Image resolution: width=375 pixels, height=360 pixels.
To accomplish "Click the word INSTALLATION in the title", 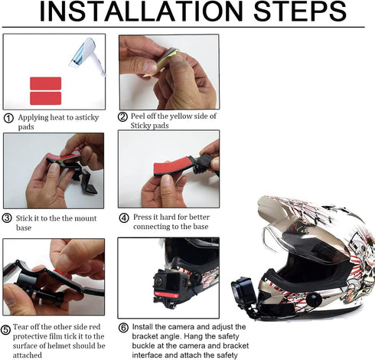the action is pyautogui.click(x=142, y=11).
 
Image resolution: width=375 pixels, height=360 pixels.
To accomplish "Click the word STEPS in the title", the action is pyautogui.click(x=300, y=11).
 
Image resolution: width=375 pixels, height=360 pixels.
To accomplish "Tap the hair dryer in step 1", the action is pyautogui.click(x=88, y=56).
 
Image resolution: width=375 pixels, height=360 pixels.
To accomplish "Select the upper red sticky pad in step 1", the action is pyautogui.click(x=46, y=83).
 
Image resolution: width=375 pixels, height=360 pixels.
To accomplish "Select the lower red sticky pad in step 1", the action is pyautogui.click(x=46, y=98).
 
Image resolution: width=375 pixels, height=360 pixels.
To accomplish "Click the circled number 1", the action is pyautogui.click(x=8, y=118).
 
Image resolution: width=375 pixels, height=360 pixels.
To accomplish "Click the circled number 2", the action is pyautogui.click(x=122, y=116).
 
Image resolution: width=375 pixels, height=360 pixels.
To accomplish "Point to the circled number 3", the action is pyautogui.click(x=7, y=218).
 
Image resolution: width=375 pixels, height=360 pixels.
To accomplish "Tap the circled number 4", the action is pyautogui.click(x=124, y=218).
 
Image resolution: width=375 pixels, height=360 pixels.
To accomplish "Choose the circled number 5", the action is pyautogui.click(x=5, y=329).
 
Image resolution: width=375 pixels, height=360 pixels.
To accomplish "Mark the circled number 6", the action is pyautogui.click(x=123, y=328).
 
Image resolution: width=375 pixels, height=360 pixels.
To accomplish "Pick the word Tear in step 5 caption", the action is pyautogui.click(x=21, y=327).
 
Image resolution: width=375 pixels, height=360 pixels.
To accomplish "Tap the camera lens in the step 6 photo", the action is pyautogui.click(x=158, y=282).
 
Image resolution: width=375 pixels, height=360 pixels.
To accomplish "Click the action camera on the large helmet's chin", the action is pyautogui.click(x=243, y=291).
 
